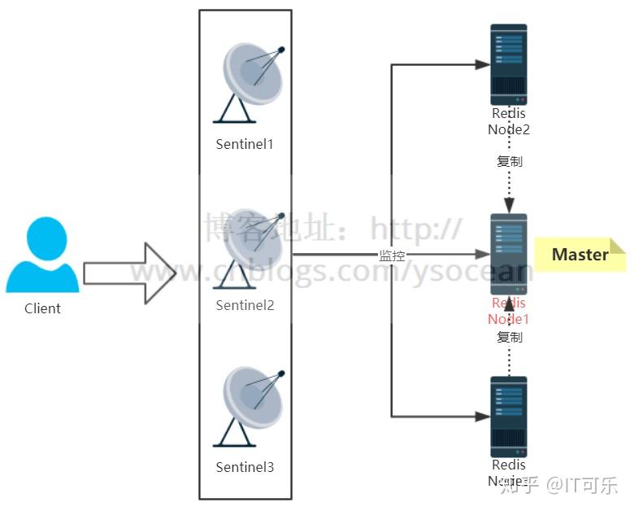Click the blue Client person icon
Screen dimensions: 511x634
coord(42,255)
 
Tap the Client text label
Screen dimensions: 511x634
coord(42,308)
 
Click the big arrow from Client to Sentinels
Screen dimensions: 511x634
coord(130,273)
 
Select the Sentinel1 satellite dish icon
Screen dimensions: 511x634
coord(251,81)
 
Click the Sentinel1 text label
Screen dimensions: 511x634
coord(245,144)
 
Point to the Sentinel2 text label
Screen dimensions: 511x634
coord(245,305)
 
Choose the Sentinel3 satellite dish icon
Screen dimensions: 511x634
coord(251,405)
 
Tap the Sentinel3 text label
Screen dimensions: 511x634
coord(245,467)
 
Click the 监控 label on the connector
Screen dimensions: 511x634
coord(392,255)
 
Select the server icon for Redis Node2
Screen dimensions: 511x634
coord(509,64)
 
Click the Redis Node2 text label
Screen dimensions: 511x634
coord(509,122)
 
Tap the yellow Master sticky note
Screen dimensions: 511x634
coord(580,255)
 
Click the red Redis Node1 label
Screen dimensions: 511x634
coord(509,311)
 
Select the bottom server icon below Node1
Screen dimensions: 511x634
coord(509,416)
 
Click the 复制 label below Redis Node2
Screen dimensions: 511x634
coord(510,161)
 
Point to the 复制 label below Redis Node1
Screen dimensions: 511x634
coord(510,337)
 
